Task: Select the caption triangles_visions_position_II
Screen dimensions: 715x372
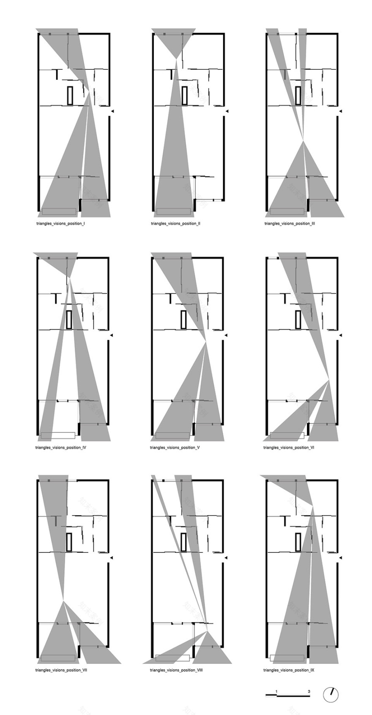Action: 175,223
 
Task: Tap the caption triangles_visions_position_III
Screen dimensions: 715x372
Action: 290,223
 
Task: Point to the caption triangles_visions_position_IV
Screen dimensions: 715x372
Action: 61,447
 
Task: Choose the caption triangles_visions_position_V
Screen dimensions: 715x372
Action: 175,447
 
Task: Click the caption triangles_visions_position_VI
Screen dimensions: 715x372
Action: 289,447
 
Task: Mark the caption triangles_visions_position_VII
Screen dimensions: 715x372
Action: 61,670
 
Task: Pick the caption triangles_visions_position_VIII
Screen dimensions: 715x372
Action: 176,670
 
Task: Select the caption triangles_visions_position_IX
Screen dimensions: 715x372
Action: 289,670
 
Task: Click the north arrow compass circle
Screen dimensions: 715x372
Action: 331,694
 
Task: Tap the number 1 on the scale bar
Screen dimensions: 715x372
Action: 277,691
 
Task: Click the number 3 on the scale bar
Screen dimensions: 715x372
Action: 309,691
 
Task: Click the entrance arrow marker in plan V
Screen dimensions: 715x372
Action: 226,335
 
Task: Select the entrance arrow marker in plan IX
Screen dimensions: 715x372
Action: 340,558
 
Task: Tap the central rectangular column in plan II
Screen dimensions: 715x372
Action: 185,95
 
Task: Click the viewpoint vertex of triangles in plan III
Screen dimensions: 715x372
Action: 304,140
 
